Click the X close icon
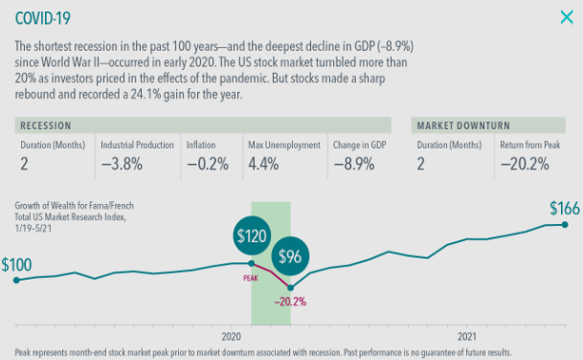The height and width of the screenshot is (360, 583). (567, 17)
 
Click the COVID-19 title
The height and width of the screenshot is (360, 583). (42, 18)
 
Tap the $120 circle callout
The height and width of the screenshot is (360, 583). (252, 236)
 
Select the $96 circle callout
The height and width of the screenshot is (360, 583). (290, 257)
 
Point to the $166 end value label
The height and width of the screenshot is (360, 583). (565, 209)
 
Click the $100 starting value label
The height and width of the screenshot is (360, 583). (16, 265)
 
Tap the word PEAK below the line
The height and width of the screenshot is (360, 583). (251, 278)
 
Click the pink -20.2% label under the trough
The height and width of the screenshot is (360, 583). (290, 302)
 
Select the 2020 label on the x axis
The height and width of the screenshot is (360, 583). (232, 337)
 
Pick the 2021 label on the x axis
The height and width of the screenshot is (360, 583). (466, 337)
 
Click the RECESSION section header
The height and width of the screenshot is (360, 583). (46, 125)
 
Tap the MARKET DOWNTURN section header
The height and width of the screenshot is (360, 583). (463, 125)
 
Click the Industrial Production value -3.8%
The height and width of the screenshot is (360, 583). (122, 164)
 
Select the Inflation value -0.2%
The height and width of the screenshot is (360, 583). (208, 164)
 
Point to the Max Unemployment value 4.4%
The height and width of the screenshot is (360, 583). (263, 164)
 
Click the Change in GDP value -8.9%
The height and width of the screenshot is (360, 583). (353, 164)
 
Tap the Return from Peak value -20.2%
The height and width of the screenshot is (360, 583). (525, 164)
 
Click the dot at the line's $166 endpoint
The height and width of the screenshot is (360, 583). (565, 225)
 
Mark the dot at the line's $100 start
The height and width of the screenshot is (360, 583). (16, 280)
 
